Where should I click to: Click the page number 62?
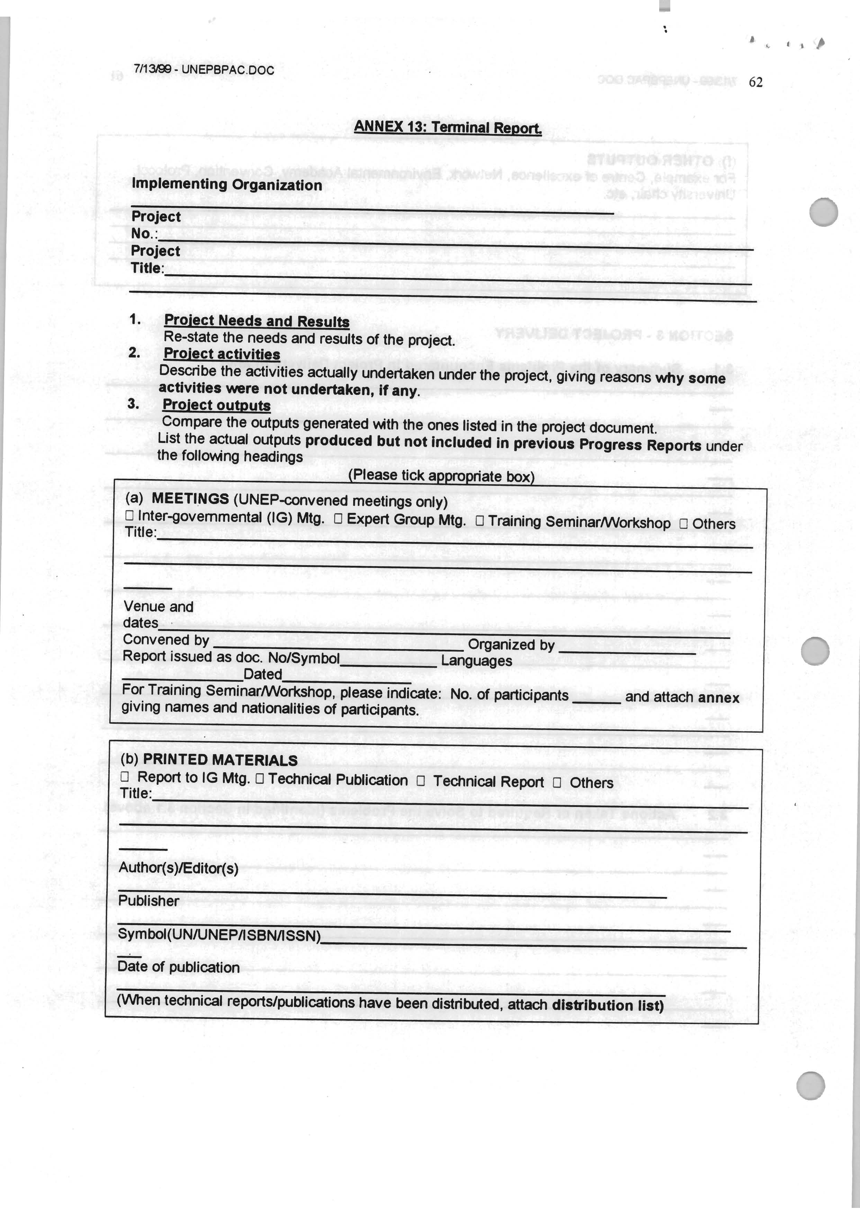click(755, 82)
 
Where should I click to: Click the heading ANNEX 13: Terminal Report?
click(448, 127)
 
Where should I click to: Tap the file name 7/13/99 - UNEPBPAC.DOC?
click(204, 70)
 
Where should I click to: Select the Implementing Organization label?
click(227, 185)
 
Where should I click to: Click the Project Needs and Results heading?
click(257, 321)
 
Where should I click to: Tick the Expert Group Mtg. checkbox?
click(338, 519)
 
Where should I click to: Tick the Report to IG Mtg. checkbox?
click(125, 777)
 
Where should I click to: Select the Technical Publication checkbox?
click(260, 779)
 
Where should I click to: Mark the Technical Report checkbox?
click(420, 781)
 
